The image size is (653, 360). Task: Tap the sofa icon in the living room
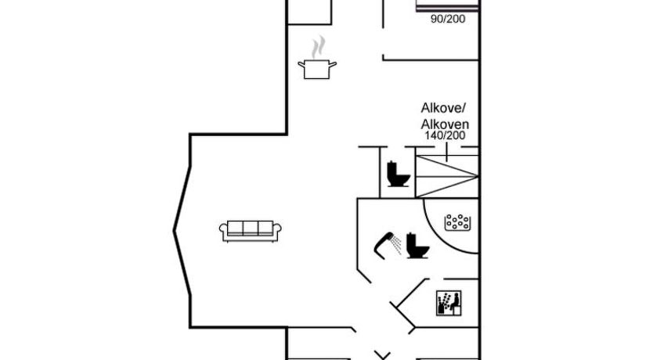251,232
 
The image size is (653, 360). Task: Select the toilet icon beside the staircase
398,174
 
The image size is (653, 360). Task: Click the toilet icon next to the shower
417,246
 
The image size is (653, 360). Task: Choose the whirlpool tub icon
457,223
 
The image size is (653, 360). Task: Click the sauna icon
449,303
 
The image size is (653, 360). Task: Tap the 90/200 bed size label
448,19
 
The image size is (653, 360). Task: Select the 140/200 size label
445,135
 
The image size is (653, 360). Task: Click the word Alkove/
443,108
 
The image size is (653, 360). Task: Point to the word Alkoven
445,124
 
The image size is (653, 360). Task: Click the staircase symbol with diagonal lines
447,176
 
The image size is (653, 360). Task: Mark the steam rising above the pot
319,47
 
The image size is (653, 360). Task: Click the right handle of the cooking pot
332,64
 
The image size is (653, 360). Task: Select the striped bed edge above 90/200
447,8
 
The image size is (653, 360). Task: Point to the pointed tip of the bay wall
174,231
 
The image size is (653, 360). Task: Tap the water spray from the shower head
396,245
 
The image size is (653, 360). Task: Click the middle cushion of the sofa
251,228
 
